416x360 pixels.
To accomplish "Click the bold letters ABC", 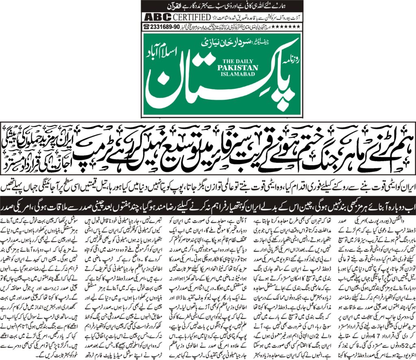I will click(156, 18).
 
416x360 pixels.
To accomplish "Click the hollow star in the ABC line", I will click(214, 18).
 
